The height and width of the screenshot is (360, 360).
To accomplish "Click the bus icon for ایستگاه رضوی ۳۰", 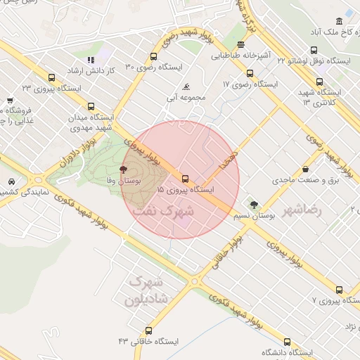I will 153,57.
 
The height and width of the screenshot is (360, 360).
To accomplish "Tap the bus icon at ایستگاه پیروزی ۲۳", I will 51,78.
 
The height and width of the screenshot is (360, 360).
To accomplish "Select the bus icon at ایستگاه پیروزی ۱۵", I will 186,179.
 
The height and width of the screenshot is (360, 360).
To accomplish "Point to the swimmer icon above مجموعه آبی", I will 186,87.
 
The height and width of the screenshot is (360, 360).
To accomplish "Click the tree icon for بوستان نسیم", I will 254,205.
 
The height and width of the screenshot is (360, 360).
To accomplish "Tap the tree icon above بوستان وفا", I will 124,169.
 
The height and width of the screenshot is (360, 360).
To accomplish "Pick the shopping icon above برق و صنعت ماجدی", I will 305,169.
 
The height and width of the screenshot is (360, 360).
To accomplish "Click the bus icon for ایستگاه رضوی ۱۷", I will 250,73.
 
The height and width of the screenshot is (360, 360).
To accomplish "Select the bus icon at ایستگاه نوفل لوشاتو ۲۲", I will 313,50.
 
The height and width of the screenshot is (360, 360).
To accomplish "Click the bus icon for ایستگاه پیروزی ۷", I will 339,290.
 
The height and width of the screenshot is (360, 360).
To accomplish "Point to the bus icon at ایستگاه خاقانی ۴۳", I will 148,330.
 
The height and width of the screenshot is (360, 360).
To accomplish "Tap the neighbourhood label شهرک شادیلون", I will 145,290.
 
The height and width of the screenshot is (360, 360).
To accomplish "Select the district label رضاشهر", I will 302,210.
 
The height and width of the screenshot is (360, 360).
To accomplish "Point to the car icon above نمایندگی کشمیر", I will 13,181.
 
